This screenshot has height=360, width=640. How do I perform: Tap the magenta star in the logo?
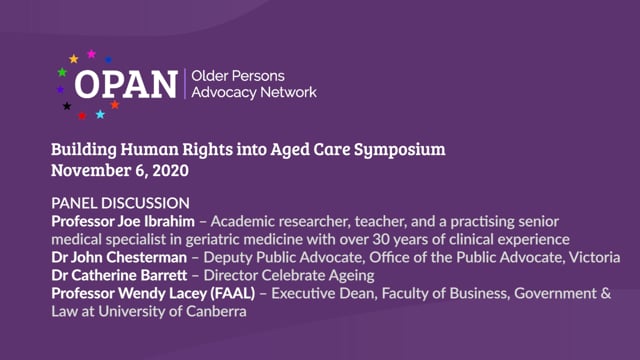tap(92, 54)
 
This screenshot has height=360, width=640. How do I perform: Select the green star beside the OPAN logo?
tap(62, 71)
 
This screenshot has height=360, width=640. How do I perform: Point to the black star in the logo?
tap(67, 106)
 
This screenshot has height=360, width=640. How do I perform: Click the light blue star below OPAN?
tap(100, 115)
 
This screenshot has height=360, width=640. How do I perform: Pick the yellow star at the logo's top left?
tap(74, 59)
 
